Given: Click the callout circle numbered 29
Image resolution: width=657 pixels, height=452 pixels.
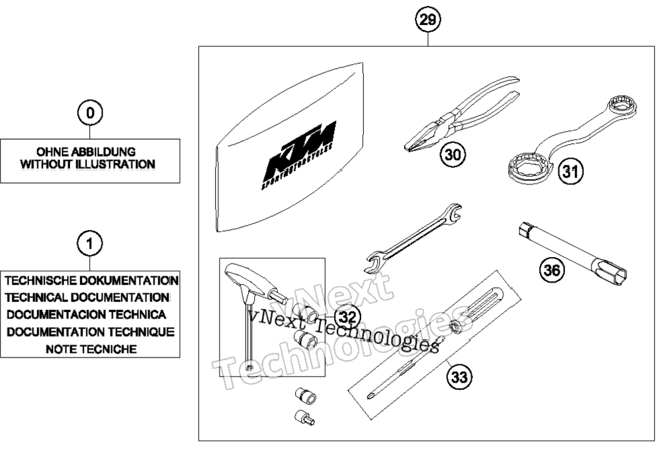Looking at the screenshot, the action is [427, 19].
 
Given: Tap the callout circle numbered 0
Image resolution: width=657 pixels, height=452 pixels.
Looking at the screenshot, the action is [90, 113].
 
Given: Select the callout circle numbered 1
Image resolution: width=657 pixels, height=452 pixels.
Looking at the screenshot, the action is [90, 244].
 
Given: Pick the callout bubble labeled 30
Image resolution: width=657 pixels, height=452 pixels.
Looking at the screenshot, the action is [453, 155].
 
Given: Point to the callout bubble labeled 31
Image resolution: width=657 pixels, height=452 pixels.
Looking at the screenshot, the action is [570, 170].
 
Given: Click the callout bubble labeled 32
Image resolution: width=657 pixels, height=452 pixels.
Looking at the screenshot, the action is [348, 317].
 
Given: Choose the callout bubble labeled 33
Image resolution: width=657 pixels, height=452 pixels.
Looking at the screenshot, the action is [459, 377].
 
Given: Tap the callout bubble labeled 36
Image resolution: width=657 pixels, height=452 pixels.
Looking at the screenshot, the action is [551, 270].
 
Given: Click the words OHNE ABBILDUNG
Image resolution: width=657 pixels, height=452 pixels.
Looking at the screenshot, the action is [86, 151].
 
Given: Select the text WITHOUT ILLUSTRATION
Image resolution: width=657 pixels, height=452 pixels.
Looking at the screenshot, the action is [88, 164].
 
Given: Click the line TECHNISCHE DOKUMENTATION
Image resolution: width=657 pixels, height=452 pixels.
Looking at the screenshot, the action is [92, 280].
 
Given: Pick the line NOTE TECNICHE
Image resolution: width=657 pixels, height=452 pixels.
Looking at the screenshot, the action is [91, 349].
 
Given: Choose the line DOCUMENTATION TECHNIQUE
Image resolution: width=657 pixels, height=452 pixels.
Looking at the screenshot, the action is [91, 332].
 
